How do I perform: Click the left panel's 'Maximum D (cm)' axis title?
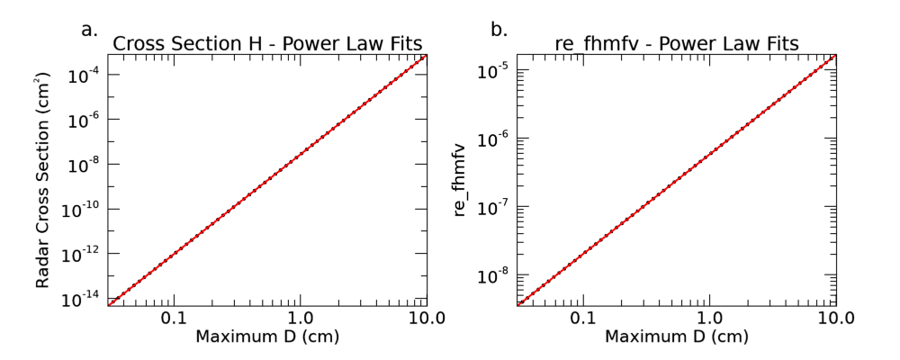coord(267,337)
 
